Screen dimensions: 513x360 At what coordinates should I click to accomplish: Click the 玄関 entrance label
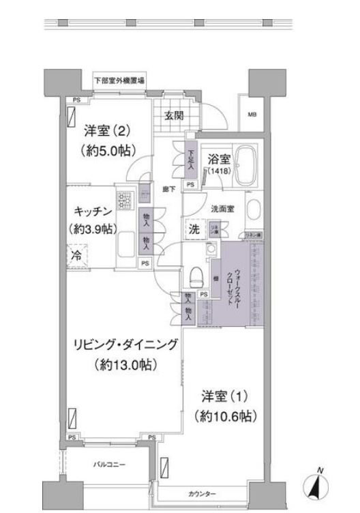pyautogui.click(x=173, y=115)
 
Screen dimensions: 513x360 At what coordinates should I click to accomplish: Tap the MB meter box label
pyautogui.click(x=252, y=115)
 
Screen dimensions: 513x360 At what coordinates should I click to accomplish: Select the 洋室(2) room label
pyautogui.click(x=108, y=130)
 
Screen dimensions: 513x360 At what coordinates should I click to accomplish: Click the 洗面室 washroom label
pyautogui.click(x=222, y=209)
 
